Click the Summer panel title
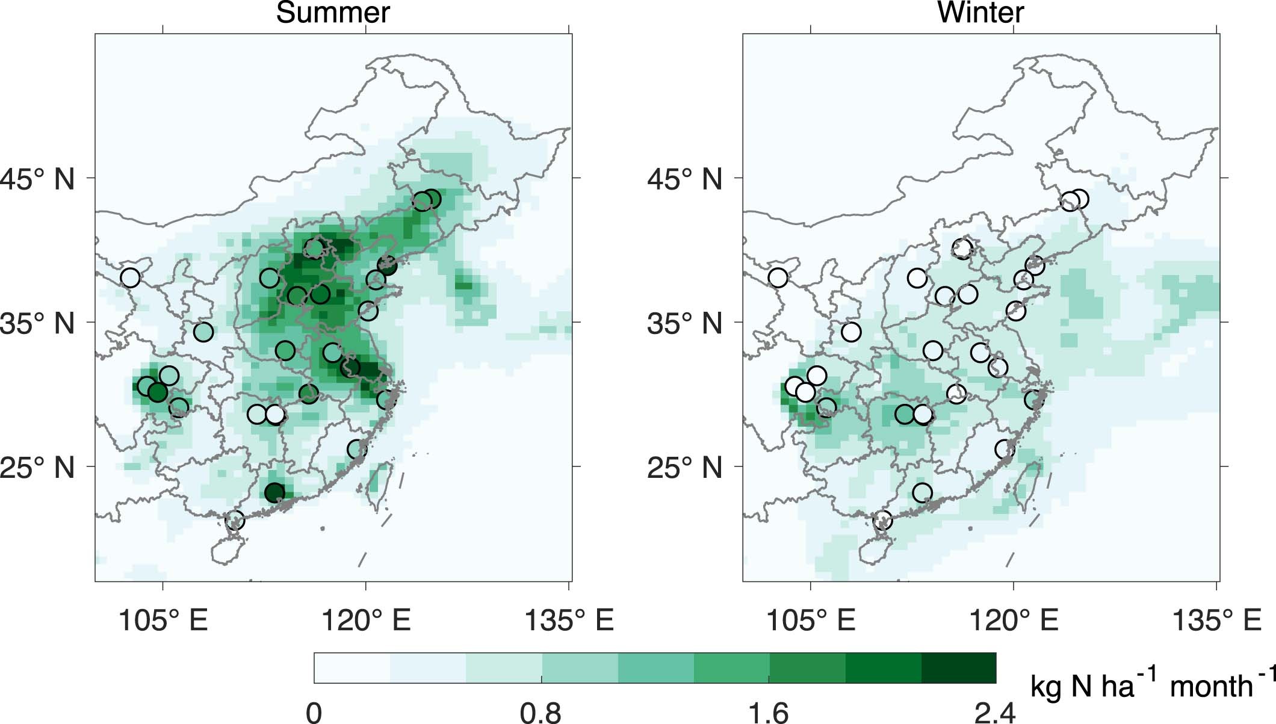click(333, 13)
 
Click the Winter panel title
click(980, 13)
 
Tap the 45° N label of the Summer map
click(37, 179)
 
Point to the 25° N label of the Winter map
click(684, 467)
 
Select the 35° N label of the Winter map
click(684, 323)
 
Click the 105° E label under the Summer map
click(163, 620)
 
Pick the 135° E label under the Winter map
click(1216, 620)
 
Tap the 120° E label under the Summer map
click(366, 620)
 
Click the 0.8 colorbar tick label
click(541, 712)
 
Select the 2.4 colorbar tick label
click(994, 712)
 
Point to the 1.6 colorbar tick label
click(769, 712)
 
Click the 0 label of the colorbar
click(314, 712)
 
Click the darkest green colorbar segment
click(958, 668)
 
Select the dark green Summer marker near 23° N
click(274, 493)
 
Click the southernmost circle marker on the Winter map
click(882, 521)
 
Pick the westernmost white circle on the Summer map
click(130, 278)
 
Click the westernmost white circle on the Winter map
click(778, 278)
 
